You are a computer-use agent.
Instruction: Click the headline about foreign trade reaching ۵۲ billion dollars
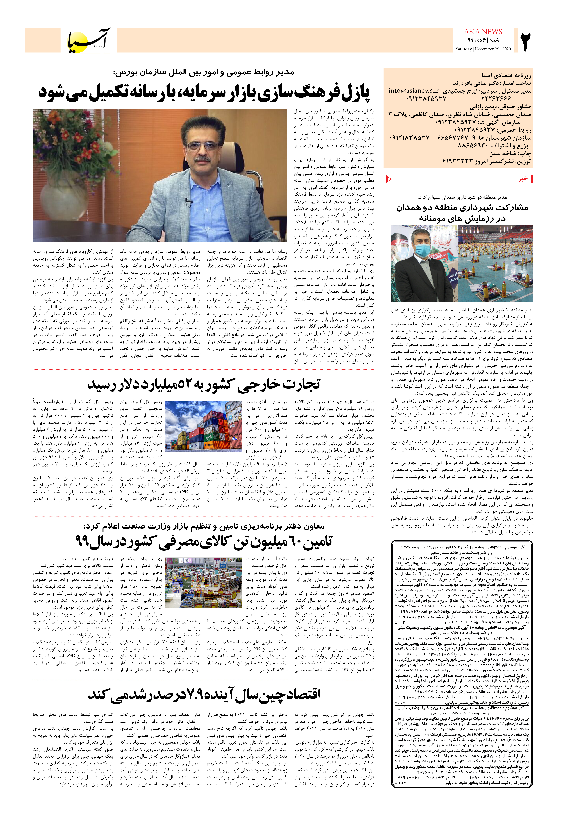click(x=204, y=384)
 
